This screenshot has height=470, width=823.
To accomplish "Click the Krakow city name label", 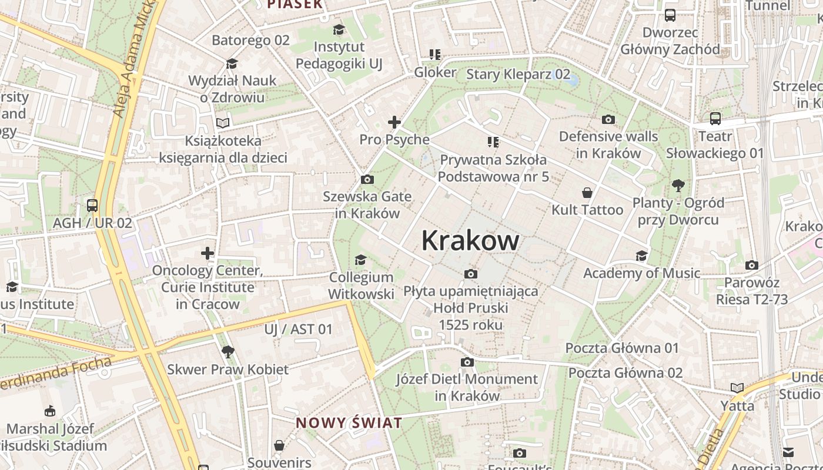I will [470, 240].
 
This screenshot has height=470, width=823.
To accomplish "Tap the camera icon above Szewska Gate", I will [367, 179].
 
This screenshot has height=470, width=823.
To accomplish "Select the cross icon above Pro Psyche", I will [394, 122].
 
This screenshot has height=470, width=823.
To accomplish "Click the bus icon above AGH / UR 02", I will [92, 206].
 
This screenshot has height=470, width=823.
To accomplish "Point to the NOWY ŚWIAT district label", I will [349, 422].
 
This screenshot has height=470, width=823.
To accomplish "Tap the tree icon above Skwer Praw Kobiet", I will [228, 352].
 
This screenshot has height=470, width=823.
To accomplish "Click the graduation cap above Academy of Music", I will [641, 256].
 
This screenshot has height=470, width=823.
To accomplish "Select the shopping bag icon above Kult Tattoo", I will [587, 192].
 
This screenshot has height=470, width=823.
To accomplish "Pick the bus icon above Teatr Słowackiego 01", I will [715, 119].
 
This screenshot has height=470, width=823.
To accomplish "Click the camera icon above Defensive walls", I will [608, 119].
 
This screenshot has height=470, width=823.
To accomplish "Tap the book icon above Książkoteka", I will [223, 123].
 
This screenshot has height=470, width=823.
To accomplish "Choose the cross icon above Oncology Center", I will [208, 253].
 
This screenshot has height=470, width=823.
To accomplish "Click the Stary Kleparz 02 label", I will [518, 74].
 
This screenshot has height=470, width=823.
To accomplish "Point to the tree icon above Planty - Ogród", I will [678, 186].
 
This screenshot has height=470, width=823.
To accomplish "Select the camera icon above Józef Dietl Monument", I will [467, 362].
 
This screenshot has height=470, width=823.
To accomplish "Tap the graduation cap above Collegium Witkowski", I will [360, 260].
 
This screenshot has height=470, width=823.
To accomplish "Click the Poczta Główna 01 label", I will [622, 348].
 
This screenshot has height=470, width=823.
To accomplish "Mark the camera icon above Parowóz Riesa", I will [751, 265].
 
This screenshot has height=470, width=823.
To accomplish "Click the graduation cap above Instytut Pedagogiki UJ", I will [339, 29].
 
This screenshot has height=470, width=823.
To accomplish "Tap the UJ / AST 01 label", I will [298, 329].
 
